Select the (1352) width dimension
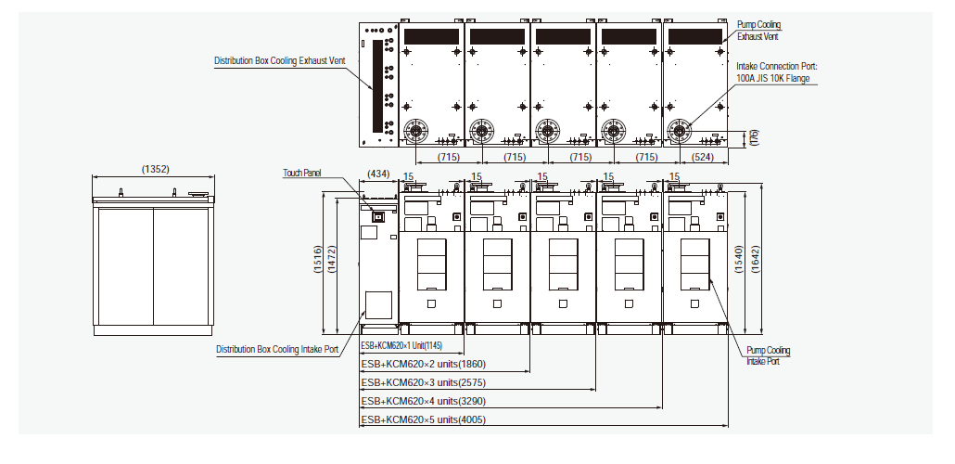[x=155, y=169]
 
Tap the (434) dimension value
[x=378, y=174]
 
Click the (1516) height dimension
[x=317, y=264]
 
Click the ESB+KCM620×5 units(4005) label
[x=423, y=420]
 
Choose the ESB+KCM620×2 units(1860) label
[x=423, y=364]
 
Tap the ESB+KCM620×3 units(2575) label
[x=423, y=382]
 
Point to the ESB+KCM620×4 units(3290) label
[x=423, y=402]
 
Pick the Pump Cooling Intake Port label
[x=769, y=355]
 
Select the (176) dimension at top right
[x=754, y=137]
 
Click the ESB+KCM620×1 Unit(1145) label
[x=408, y=345]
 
